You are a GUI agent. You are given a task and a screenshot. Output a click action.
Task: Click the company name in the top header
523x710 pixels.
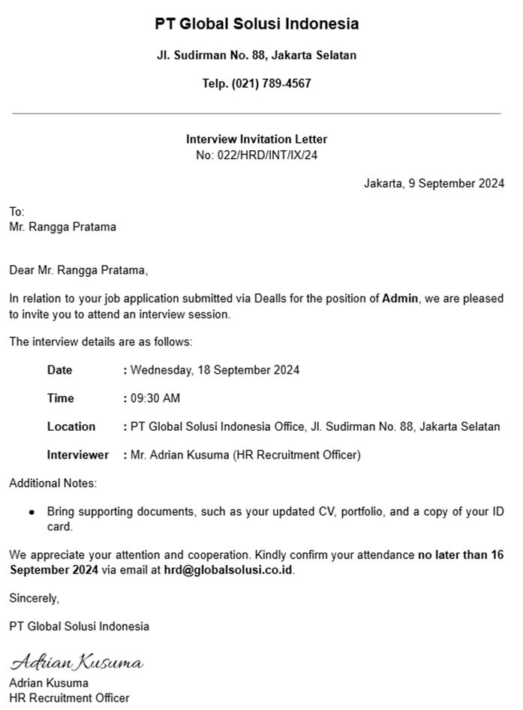[x=257, y=24]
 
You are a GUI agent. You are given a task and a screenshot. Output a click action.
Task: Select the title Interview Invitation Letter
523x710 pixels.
[x=257, y=140]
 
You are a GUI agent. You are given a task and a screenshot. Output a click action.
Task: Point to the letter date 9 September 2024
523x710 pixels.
[x=456, y=183]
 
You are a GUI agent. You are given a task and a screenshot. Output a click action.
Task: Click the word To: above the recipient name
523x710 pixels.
[x=17, y=212]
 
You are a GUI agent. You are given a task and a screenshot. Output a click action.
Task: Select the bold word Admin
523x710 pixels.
[x=400, y=299]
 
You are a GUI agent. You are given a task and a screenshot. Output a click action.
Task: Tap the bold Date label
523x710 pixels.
[x=60, y=370]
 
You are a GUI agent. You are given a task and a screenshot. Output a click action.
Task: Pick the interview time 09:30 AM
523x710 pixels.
[x=155, y=399]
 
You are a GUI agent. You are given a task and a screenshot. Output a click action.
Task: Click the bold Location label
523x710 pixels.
[x=71, y=427]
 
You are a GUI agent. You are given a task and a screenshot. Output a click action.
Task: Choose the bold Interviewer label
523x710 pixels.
[x=78, y=455]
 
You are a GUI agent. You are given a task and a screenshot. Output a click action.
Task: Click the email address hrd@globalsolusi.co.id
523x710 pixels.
[x=229, y=570]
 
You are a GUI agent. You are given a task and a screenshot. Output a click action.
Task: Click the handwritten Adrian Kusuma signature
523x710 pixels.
[x=77, y=663]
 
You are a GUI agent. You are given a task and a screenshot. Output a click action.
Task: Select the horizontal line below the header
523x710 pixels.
[x=257, y=113]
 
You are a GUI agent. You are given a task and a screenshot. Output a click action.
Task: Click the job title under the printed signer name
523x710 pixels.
[x=69, y=698]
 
